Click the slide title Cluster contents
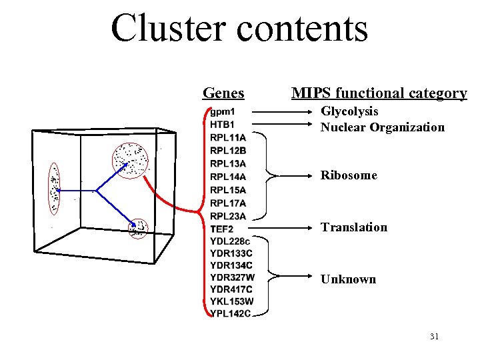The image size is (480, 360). [239, 28]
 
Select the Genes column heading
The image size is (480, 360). [223, 93]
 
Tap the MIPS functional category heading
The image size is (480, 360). [379, 93]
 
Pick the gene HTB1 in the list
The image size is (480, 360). [223, 124]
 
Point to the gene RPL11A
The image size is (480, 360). [227, 137]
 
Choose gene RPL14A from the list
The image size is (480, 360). [227, 177]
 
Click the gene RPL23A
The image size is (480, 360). [227, 216]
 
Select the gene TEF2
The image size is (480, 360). [222, 229]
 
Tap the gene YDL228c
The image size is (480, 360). [229, 241]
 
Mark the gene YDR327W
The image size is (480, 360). [232, 277]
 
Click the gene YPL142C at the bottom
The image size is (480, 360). [231, 314]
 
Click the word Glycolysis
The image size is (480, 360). [349, 111]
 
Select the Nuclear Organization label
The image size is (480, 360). [382, 127]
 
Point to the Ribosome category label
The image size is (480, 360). [349, 175]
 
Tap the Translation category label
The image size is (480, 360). [353, 227]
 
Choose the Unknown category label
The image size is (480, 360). [348, 279]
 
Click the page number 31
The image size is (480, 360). [434, 337]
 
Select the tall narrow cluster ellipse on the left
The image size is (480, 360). [53, 189]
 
